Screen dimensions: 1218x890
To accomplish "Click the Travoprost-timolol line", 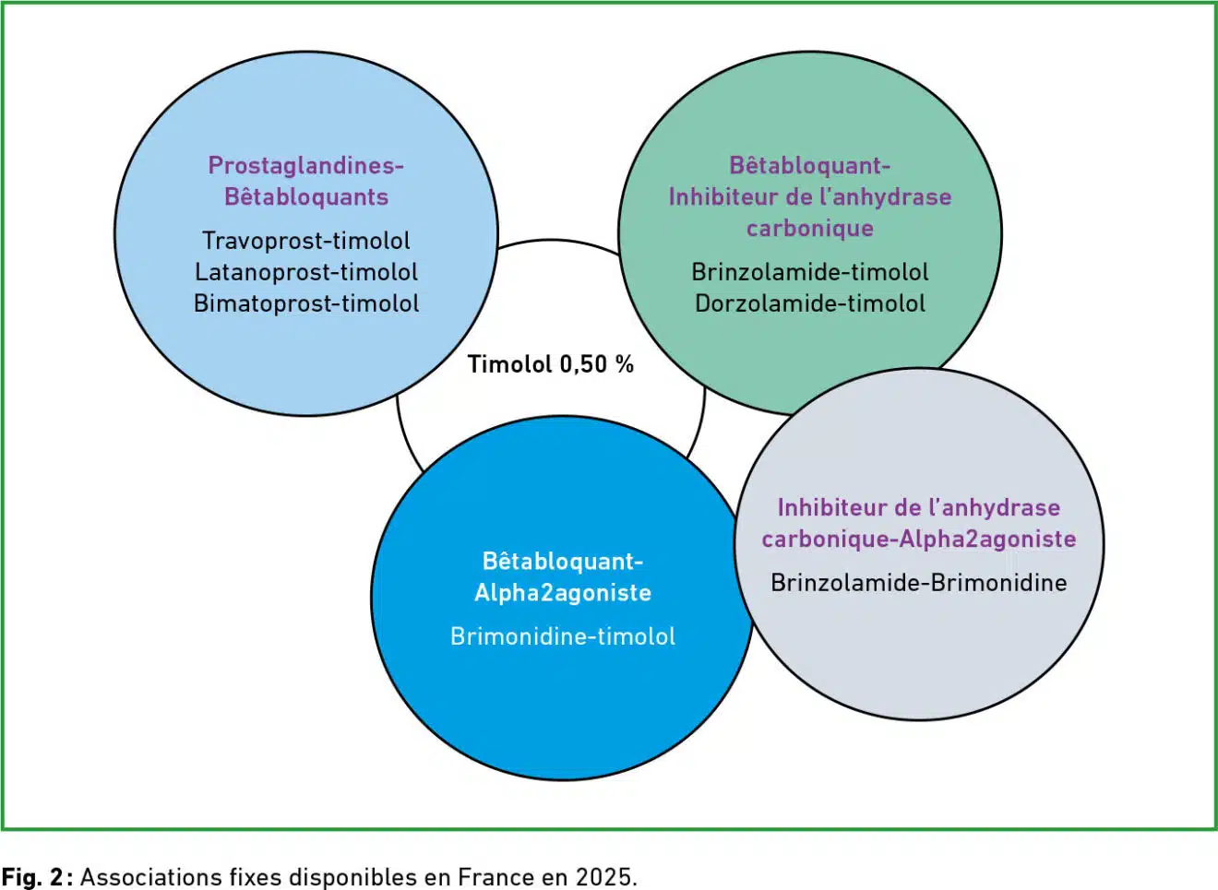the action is [306, 241].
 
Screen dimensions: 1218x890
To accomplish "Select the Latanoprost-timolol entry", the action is [306, 272].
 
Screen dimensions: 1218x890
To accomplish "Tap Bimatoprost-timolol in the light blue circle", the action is [306, 303].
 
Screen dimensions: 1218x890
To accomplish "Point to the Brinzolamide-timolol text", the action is [810, 272].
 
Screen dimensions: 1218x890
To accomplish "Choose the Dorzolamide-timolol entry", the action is [810, 303].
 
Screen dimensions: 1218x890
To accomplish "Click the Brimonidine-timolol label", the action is [563, 636].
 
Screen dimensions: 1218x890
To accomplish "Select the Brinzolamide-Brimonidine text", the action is [919, 583].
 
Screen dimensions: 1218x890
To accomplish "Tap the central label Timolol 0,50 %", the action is [551, 364].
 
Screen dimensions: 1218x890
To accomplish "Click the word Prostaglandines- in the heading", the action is [306, 165].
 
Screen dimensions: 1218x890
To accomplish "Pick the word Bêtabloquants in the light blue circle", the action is [306, 196].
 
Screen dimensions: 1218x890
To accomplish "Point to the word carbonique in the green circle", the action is [810, 228].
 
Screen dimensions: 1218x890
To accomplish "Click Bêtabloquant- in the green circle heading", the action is [810, 165].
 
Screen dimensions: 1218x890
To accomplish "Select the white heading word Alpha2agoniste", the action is [563, 593].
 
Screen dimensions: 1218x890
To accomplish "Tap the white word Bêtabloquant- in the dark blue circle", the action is [563, 562].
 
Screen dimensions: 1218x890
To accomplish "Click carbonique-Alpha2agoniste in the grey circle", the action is [919, 539].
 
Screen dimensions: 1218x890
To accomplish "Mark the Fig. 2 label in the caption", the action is [33, 877].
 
